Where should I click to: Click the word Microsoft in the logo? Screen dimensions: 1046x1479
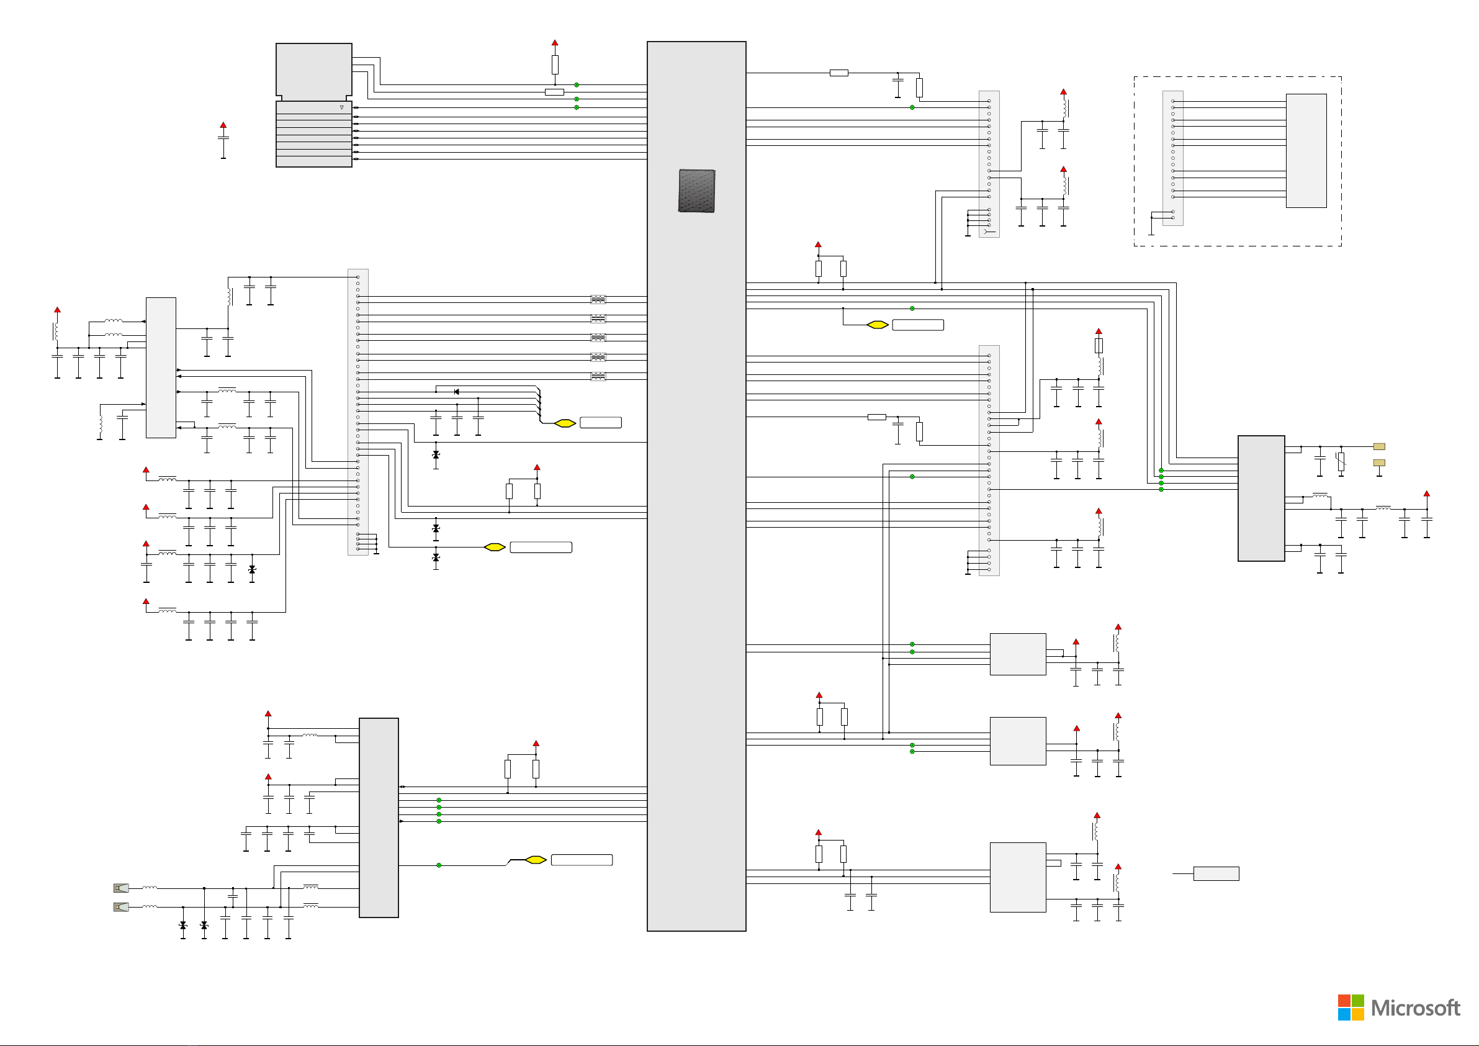tap(1415, 1008)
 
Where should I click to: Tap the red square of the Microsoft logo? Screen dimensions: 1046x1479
tap(1344, 1000)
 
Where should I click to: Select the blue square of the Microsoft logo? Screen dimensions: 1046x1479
tap(1344, 1014)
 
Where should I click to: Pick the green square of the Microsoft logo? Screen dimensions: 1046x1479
tap(1358, 1000)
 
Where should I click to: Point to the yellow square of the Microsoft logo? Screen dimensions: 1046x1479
tap(1358, 1014)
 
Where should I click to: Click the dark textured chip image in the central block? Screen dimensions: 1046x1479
tap(696, 191)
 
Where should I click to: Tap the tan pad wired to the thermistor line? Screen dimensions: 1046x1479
tap(1379, 446)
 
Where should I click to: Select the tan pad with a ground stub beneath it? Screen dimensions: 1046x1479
tap(1379, 462)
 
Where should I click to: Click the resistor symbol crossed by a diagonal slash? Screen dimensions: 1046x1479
tap(1341, 461)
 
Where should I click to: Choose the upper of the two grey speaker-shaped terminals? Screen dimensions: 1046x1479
tap(121, 888)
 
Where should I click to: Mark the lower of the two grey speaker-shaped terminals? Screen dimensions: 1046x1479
tap(121, 907)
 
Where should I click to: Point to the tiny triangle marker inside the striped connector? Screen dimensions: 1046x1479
tap(341, 107)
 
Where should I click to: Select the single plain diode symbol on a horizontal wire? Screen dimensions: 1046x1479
tap(456, 392)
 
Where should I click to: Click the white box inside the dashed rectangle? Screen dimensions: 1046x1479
tap(1306, 151)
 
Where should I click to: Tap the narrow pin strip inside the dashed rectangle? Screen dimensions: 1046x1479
tap(1172, 158)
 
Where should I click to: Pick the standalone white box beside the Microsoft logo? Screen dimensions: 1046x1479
tap(1216, 873)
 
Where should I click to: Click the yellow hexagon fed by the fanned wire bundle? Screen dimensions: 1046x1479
tap(565, 423)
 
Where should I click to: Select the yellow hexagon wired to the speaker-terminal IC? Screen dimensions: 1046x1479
tap(535, 860)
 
